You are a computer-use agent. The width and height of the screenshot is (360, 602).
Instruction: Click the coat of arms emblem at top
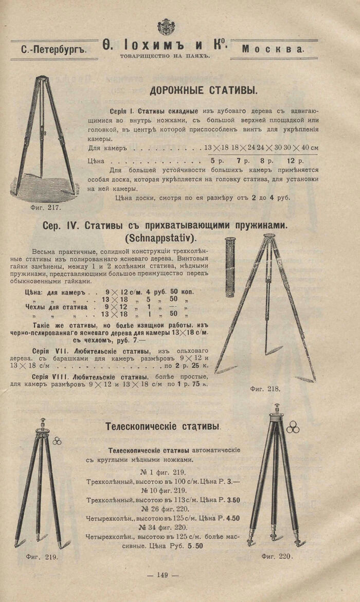click(x=166, y=27)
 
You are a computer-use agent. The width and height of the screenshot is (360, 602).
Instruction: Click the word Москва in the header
click(x=273, y=49)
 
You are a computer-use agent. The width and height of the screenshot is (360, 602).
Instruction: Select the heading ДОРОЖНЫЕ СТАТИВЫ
click(x=204, y=91)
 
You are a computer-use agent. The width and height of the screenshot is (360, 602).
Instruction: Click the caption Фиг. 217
click(x=46, y=208)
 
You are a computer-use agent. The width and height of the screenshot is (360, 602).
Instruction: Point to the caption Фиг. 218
click(x=265, y=389)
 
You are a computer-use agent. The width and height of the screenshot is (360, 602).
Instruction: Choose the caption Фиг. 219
click(x=42, y=556)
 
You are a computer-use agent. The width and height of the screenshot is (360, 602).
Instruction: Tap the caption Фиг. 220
click(x=277, y=556)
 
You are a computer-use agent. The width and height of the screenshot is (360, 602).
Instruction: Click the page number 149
click(x=163, y=575)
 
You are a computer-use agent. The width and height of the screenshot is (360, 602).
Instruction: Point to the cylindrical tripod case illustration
click(x=230, y=267)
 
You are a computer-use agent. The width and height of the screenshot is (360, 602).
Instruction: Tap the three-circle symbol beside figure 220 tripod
click(x=293, y=427)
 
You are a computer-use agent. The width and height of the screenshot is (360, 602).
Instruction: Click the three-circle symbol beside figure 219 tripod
click(x=57, y=441)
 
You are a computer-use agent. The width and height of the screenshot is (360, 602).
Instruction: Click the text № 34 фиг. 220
click(x=164, y=527)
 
